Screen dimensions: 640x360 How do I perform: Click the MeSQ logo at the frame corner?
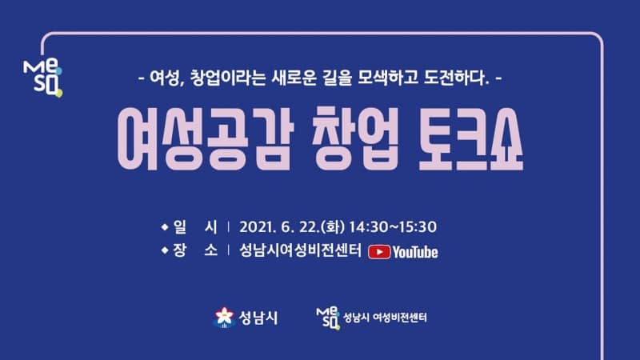(43, 78)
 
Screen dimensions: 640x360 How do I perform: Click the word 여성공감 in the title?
(205, 138)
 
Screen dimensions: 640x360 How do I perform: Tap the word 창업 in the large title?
(355, 138)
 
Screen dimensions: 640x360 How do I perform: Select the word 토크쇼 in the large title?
(471, 138)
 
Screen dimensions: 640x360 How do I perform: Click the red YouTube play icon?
(379, 252)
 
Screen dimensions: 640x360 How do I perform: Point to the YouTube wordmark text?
(415, 252)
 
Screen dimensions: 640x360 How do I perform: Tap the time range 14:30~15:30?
(393, 227)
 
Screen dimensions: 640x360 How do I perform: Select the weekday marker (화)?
(333, 227)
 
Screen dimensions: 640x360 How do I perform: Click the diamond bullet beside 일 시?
(165, 226)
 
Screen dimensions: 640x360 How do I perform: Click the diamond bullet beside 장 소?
(165, 250)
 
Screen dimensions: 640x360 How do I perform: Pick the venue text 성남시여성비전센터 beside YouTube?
(300, 250)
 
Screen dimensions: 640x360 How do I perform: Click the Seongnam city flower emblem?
(224, 318)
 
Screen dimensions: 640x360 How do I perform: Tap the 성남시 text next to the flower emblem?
(258, 318)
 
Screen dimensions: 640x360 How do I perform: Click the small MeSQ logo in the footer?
(328, 318)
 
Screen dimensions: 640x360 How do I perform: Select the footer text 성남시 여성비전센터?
(385, 318)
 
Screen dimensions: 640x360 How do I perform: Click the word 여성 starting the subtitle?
(165, 78)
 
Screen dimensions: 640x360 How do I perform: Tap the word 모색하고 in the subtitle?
(388, 78)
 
